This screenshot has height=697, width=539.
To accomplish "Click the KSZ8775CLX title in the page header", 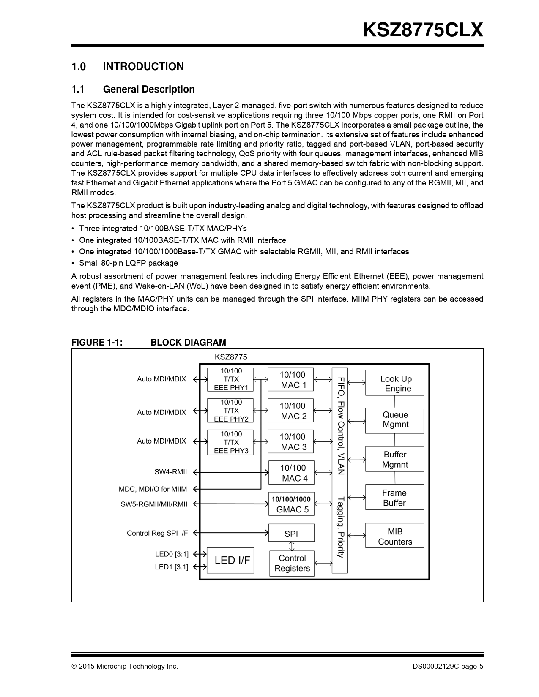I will pos(422,30).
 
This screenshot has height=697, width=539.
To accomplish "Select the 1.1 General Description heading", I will pos(133,89).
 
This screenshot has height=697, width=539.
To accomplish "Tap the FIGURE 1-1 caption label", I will pos(97,342).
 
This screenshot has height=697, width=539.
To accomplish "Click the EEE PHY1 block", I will pos(230,379).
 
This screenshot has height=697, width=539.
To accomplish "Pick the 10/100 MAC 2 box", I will pos(291,411).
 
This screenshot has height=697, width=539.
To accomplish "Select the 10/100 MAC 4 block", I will pos(291,473).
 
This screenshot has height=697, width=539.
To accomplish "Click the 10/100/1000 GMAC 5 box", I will pos(291,504).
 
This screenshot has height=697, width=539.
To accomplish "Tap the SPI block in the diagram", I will pos(291,533).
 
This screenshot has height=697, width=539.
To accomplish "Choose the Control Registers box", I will pos(292,563).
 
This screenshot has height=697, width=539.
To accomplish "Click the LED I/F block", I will pos(230,560).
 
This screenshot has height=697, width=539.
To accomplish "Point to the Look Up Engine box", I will pos(394,383).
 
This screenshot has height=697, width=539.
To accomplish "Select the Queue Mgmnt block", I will pos(394,420).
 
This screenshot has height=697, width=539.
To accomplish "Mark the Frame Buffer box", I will pos(394,498).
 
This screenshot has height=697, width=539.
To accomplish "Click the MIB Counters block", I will pos(394,536).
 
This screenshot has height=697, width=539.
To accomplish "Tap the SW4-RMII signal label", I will pos(171,472).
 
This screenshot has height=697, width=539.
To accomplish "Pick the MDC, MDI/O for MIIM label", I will pos(153,489).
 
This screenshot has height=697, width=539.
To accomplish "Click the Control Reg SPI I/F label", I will pos(157,533).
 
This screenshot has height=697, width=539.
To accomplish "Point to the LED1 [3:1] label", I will pos(172,567).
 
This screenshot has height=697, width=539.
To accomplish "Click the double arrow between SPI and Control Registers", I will pos(292,546).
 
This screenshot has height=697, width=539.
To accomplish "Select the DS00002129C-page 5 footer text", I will pos(448,667).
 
